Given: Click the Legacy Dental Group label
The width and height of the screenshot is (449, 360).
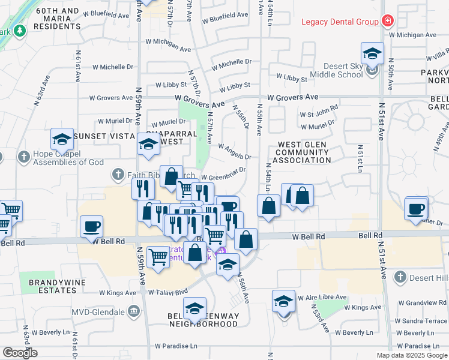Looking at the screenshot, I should pyautogui.click(x=339, y=22).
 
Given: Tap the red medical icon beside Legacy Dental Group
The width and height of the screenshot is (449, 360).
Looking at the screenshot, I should pyautogui.click(x=388, y=22).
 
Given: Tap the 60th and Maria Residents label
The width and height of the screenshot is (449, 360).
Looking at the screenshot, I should pyautogui.click(x=57, y=19).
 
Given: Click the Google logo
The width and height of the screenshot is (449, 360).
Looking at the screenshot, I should pyautogui.click(x=19, y=353).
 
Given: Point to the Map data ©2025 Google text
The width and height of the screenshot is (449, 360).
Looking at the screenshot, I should pyautogui.click(x=411, y=355).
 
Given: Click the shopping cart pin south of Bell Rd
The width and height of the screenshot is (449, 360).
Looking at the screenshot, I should pyautogui.click(x=158, y=257).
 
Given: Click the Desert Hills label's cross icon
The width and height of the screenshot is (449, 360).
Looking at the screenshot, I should pyautogui.click(x=400, y=277).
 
